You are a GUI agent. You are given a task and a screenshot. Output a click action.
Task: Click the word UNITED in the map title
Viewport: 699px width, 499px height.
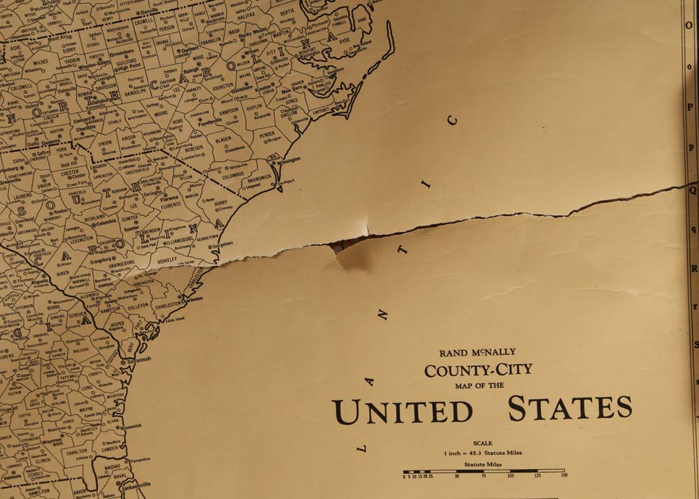click(402, 410)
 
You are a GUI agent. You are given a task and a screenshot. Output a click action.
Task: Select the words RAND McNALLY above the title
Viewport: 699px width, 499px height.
click(477, 353)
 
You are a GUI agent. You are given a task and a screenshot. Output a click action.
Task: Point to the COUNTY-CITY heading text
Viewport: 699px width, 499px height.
click(478, 370)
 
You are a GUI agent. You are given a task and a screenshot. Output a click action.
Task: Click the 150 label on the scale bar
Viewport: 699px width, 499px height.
click(563, 476)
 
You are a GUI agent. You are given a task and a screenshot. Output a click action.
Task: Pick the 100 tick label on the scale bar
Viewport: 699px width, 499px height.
click(510, 476)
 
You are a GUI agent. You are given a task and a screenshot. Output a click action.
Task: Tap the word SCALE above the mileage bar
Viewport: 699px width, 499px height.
click(482, 443)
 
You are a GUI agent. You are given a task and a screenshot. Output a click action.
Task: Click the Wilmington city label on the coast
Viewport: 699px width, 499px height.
click(288, 159)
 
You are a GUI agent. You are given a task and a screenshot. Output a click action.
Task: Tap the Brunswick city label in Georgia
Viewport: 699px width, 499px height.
click(130, 425)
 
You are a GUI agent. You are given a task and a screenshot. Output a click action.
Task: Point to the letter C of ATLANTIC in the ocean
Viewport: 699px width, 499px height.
click(453, 120)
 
